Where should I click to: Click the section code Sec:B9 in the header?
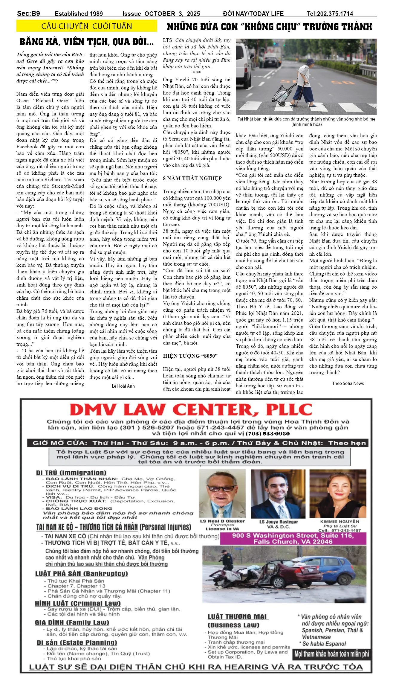28,13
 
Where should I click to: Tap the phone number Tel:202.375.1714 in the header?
330,14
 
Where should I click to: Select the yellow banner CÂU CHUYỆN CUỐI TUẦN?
87,26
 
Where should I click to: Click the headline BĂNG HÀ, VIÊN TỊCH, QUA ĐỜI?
87,42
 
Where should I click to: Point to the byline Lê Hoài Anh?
123,386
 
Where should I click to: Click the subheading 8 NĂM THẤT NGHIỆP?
192,178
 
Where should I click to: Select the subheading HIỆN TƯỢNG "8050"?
190,356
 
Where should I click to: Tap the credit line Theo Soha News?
348,383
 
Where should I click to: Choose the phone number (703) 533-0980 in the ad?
267,434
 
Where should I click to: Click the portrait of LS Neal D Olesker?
222,494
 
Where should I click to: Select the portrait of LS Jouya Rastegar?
278,494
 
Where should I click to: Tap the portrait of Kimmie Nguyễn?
338,494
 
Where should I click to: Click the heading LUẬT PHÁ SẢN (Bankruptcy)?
81,574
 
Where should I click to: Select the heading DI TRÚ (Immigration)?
71,473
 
